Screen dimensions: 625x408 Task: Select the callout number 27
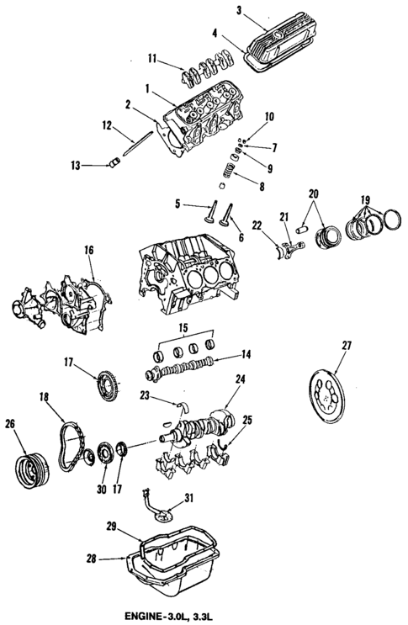[x=347, y=346]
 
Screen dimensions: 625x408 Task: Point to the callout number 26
[x=10, y=423]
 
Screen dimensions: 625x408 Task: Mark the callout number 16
[x=88, y=250]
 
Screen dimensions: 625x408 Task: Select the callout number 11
[x=151, y=60]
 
